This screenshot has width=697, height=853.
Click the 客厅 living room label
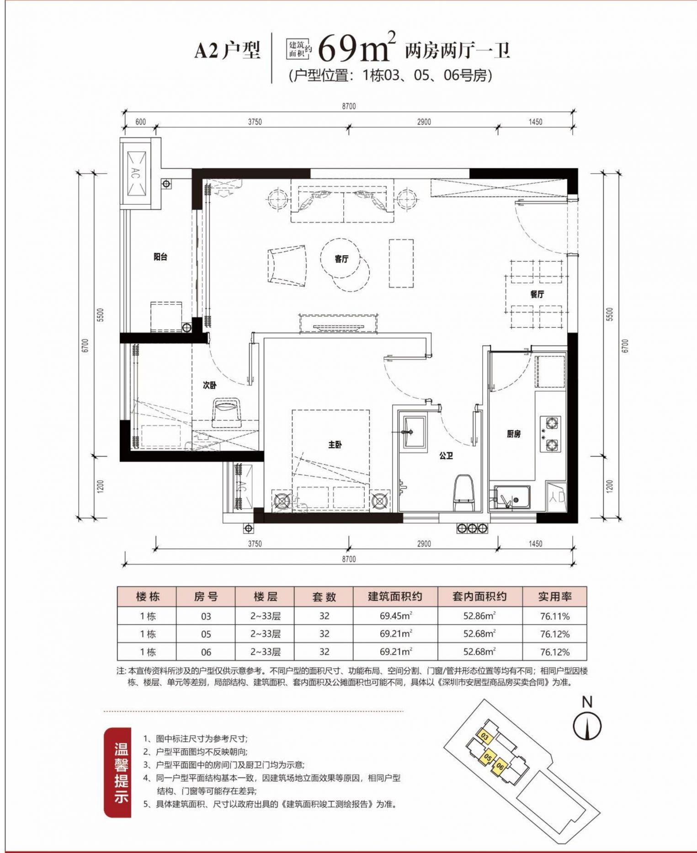point(341,259)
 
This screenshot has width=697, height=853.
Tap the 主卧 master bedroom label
point(335,444)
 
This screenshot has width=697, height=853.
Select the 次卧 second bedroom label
point(209,385)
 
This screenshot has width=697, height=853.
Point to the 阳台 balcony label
point(160,257)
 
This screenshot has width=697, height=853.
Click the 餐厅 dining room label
point(537,294)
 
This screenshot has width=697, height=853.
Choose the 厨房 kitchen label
point(514,433)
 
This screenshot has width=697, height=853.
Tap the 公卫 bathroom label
point(446,456)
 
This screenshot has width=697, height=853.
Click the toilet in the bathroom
point(463,492)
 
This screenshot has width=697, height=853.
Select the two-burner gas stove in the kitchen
point(551,433)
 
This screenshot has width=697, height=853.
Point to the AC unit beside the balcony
point(136,174)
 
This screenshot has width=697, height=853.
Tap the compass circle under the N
point(587,726)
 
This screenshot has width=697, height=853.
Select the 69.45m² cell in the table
point(395,616)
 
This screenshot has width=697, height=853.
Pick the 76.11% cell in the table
point(554,616)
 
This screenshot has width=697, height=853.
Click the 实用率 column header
point(554,596)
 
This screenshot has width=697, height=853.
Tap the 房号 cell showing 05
point(206,634)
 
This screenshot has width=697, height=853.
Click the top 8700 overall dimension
point(348,106)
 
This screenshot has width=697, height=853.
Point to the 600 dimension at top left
point(141,122)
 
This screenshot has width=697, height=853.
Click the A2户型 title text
point(227,51)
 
